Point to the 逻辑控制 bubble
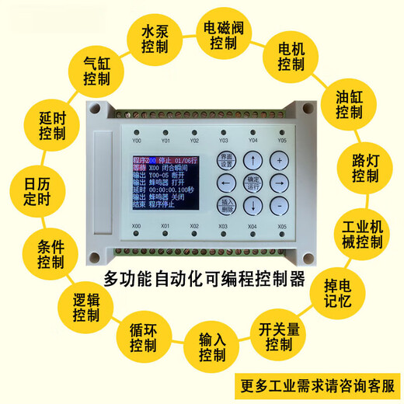click(x=86, y=309)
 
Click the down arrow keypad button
click(x=252, y=205)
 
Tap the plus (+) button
click(x=279, y=160)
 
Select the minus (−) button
click(x=279, y=205)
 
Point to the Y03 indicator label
click(x=223, y=141)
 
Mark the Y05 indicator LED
click(x=281, y=133)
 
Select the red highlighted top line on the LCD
click(x=162, y=161)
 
